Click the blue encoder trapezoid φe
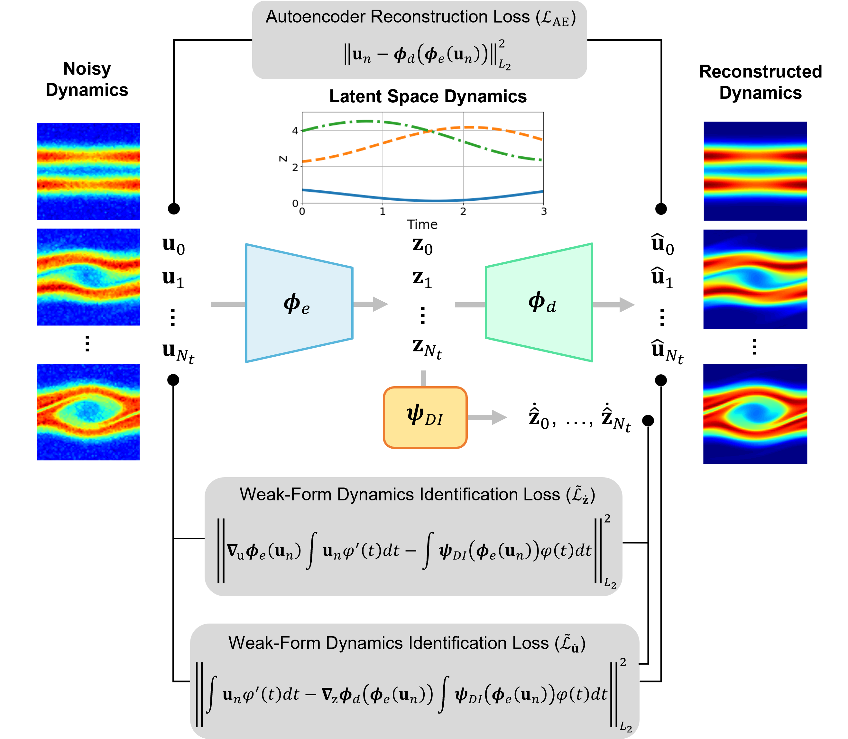click(x=299, y=303)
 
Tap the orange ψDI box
click(x=425, y=417)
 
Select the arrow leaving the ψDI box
click(x=489, y=417)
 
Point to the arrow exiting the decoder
click(x=614, y=305)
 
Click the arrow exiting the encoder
click(x=371, y=304)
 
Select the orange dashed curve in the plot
click(x=351, y=152)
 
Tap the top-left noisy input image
click(x=88, y=171)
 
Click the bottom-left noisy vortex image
click(x=88, y=412)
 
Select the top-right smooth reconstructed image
click(x=755, y=171)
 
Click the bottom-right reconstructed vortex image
click(x=755, y=414)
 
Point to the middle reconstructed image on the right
click(x=755, y=279)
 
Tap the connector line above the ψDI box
click(x=423, y=379)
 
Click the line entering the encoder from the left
click(x=228, y=304)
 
